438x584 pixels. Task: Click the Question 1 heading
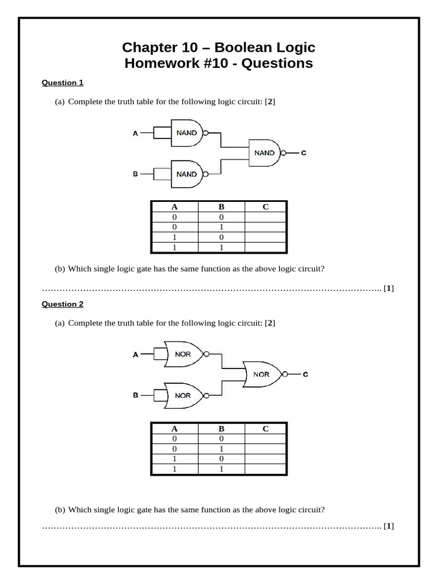[63, 83]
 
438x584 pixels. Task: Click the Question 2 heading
[63, 304]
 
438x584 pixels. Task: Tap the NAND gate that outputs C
[265, 153]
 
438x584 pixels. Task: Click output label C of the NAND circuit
[303, 153]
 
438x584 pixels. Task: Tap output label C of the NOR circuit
[305, 375]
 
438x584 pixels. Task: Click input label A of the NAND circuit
[135, 133]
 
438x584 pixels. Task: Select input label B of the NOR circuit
[136, 395]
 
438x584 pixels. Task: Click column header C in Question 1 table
[266, 207]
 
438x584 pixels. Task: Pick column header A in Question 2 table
[175, 428]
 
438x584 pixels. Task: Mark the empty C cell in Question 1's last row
[266, 248]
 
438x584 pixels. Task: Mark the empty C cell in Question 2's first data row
[266, 439]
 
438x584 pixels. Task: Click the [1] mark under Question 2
[389, 526]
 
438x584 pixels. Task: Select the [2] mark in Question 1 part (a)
[270, 102]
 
